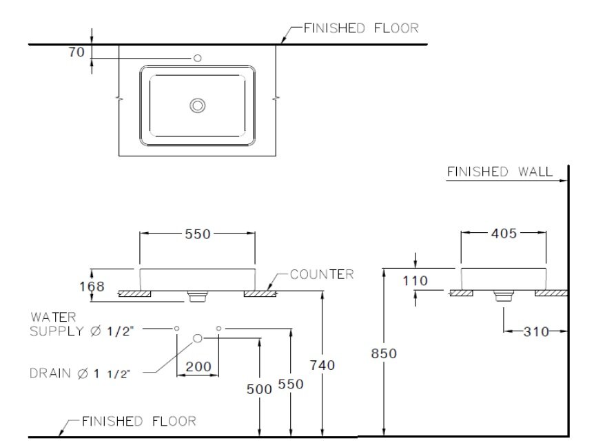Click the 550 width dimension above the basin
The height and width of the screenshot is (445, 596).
pos(198,234)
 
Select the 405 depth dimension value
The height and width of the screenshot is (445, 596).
pos(504,234)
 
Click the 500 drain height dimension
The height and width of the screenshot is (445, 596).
pos(259,389)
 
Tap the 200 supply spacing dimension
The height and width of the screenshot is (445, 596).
pos(198,368)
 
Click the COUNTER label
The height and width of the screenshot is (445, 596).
pos(321,274)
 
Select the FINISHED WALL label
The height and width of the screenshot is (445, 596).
pos(500,172)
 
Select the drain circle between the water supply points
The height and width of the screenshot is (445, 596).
pos(198,338)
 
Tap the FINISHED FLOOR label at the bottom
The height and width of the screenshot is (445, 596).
pos(138,421)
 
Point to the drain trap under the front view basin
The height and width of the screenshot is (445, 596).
pos(198,296)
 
